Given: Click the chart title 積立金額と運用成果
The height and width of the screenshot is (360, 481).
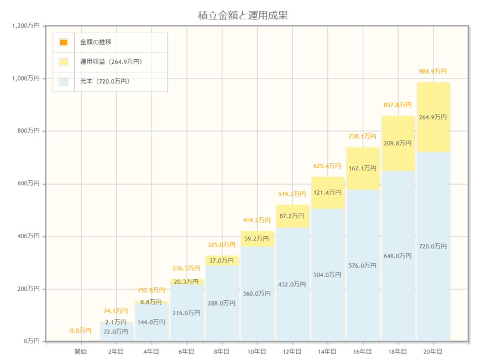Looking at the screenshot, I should [243, 15].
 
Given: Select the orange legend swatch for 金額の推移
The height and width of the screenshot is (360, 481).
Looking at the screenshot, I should [64, 43].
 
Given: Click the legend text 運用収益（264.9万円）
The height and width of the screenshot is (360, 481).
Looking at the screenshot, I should [111, 62].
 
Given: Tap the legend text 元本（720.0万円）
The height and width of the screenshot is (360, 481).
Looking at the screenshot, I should [104, 81].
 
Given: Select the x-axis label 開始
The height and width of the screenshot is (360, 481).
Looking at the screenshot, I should [81, 351].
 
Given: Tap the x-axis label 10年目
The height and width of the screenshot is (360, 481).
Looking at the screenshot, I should [257, 351].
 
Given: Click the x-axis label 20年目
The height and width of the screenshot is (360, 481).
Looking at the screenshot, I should [433, 351].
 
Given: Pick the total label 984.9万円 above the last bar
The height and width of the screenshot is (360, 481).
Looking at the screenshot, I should [433, 71].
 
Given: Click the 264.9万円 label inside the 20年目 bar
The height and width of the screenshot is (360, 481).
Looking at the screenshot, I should [433, 117].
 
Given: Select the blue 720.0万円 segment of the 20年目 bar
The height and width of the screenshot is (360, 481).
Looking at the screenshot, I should [433, 246].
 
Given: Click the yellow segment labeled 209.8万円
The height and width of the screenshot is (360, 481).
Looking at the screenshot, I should [398, 143].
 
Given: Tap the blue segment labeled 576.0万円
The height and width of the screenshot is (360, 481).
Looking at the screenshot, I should [363, 265].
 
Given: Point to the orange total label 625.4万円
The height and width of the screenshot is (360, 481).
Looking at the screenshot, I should [327, 166].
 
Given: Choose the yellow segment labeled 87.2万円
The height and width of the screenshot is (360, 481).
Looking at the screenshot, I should [292, 216].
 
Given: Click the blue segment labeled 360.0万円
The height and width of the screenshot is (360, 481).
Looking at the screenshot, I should [257, 294].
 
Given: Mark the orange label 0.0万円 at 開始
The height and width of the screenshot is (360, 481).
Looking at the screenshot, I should [81, 331].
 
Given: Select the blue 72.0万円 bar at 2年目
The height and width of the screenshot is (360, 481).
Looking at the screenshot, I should [116, 332].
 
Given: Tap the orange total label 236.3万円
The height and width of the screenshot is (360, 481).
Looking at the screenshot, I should [186, 268].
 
